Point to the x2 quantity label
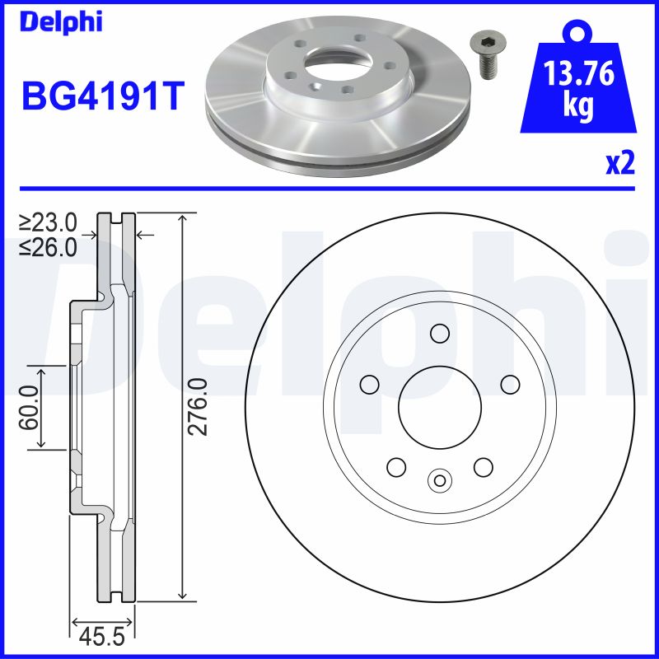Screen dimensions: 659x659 tap(620, 164)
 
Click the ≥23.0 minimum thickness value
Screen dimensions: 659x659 tap(49, 222)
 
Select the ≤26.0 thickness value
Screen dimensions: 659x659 tap(49, 245)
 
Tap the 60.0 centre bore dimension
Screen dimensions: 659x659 tap(30, 407)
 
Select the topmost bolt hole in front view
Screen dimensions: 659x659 tap(439, 334)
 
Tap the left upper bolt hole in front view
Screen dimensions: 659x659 tap(369, 384)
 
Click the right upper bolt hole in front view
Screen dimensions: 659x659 tap(510, 384)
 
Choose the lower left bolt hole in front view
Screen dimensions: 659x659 tap(396, 466)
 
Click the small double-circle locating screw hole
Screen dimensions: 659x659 tap(439, 480)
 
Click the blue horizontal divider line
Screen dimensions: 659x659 tap(329, 189)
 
